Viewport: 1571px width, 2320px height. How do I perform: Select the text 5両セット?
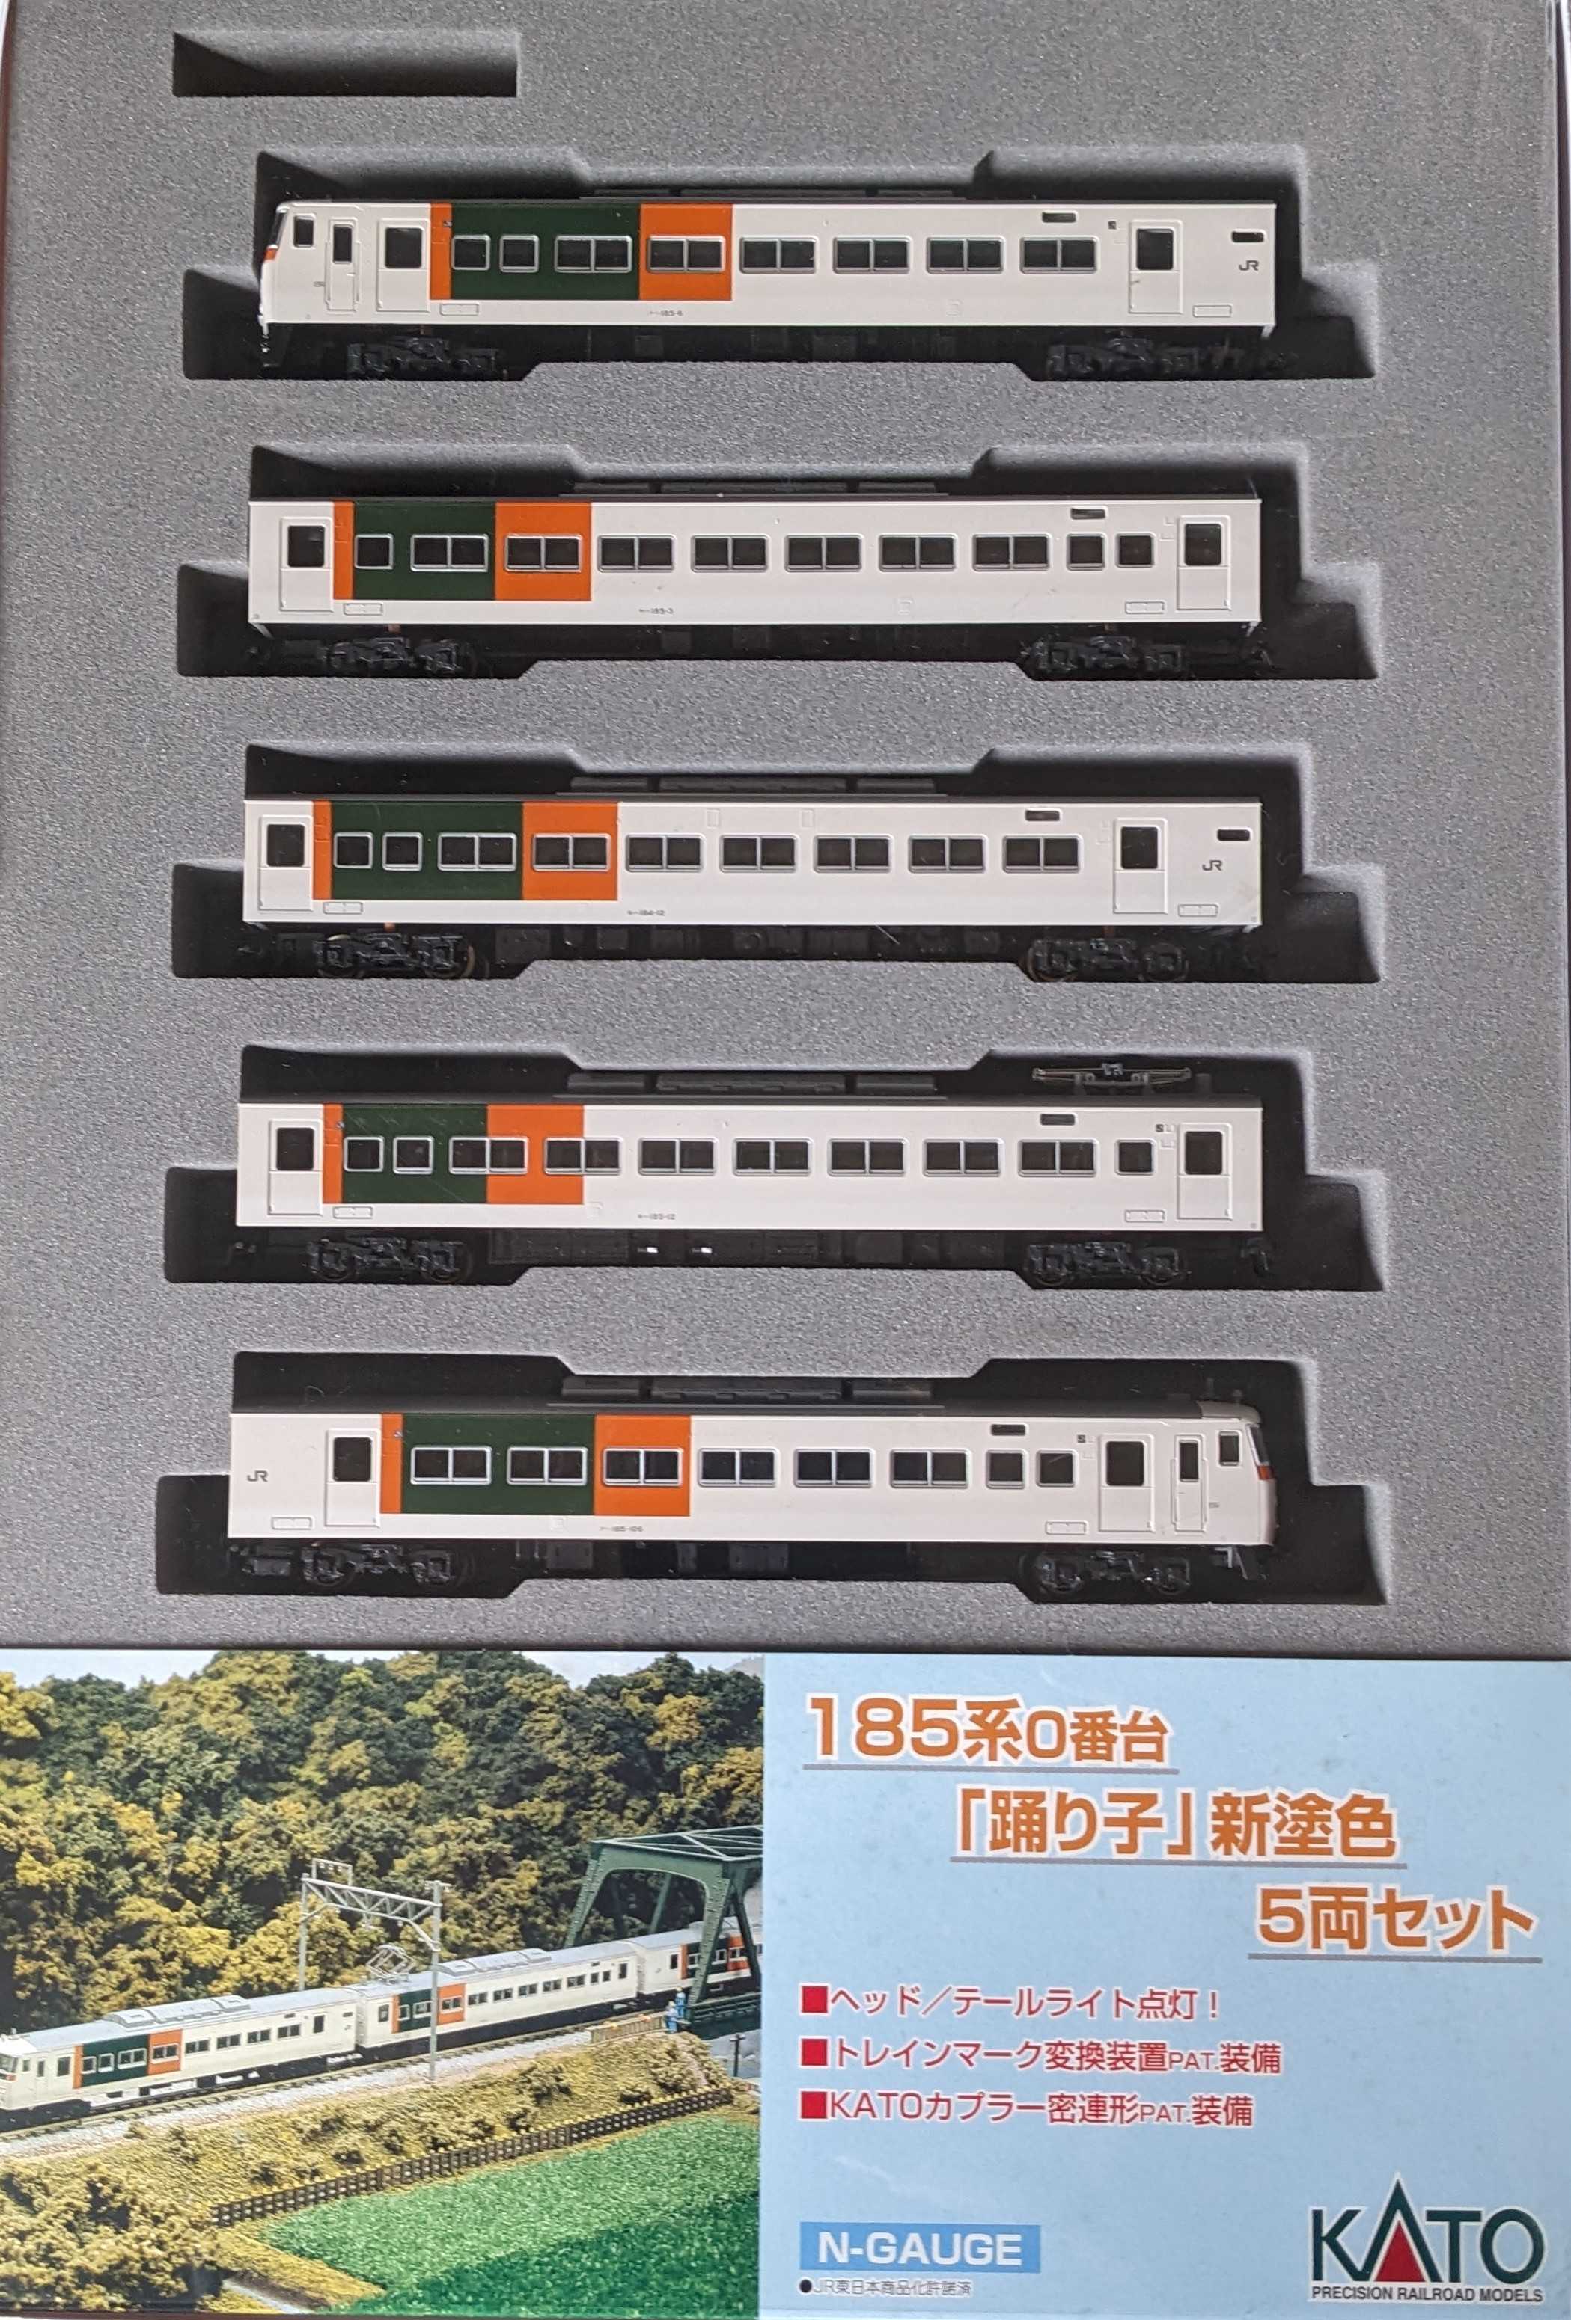pos(1393,1912)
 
